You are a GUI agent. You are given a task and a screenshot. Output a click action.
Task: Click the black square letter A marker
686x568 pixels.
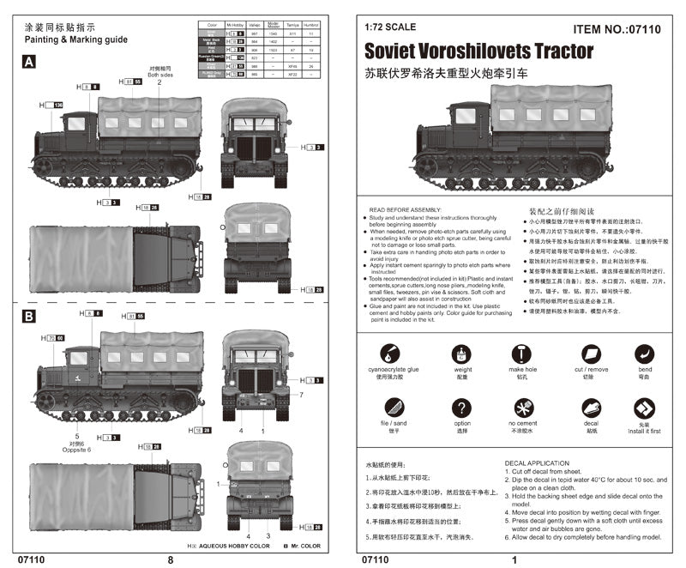point(28,62)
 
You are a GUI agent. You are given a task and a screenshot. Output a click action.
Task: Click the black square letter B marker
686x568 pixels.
point(28,316)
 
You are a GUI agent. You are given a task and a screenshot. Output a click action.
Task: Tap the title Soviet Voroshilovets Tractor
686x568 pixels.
point(478,51)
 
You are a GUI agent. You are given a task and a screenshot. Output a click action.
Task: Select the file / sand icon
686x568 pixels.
point(388,408)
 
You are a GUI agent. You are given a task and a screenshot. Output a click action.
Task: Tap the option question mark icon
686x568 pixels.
point(462,408)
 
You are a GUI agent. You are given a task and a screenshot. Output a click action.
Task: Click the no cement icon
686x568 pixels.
point(521,408)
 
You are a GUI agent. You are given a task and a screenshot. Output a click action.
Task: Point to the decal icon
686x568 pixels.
point(591,408)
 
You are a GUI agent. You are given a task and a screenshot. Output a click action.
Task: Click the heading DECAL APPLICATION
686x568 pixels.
point(538,463)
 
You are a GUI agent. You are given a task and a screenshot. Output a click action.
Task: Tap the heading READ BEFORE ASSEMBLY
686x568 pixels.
point(404,209)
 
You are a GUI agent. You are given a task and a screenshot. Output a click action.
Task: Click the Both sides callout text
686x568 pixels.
point(159,74)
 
